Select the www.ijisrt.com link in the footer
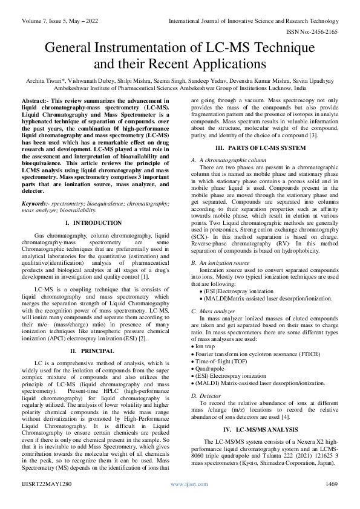(x=185, y=484)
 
